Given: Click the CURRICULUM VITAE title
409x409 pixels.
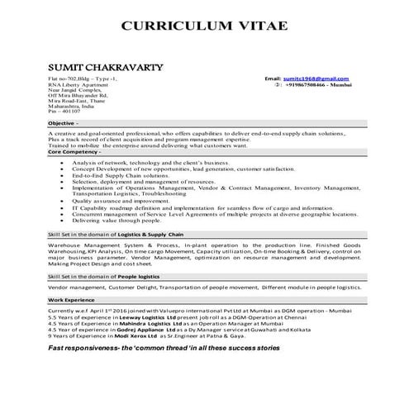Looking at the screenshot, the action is (x=204, y=26).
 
